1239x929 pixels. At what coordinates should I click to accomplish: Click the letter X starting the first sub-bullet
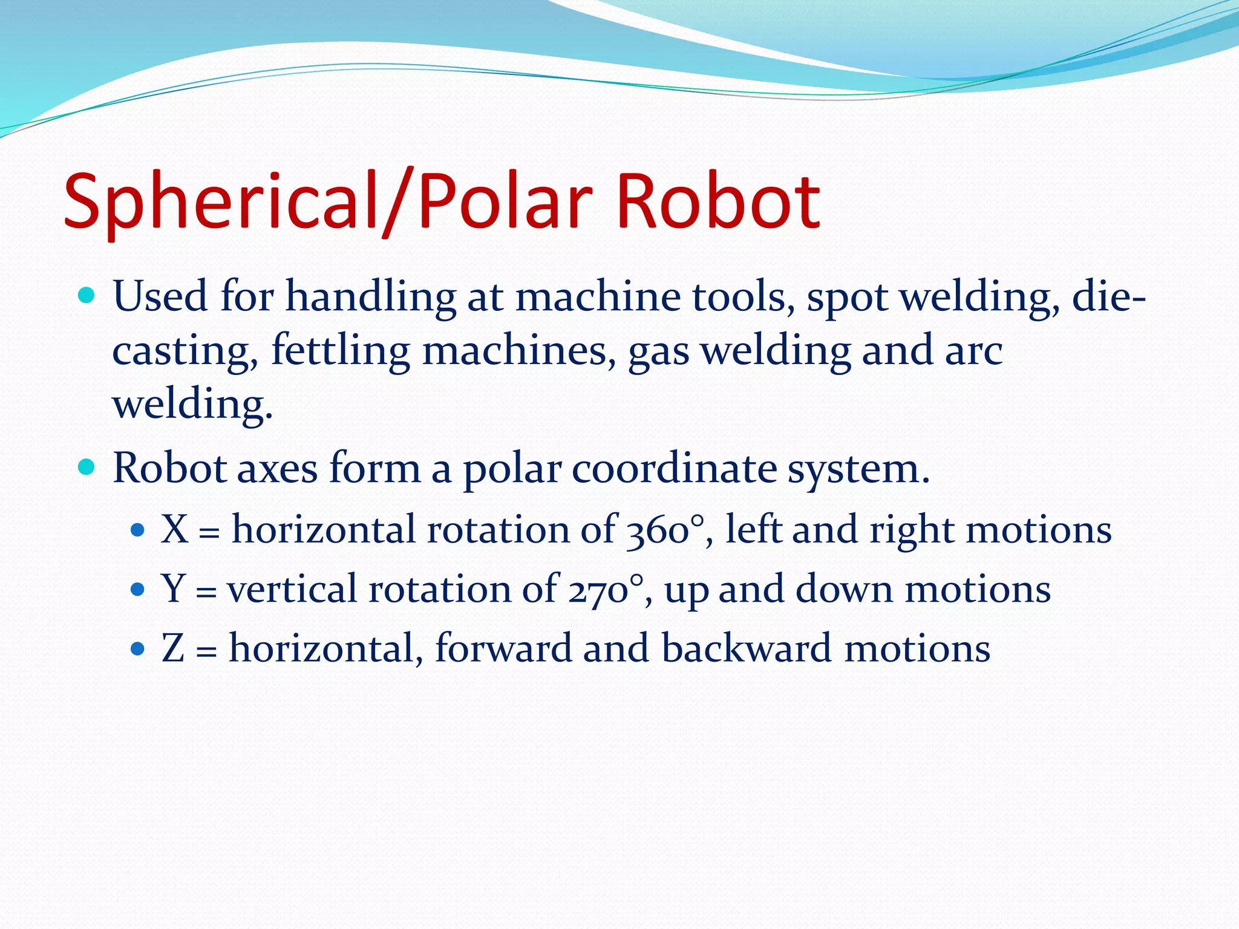pyautogui.click(x=174, y=529)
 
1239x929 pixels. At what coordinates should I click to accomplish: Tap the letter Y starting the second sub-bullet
pyautogui.click(x=173, y=588)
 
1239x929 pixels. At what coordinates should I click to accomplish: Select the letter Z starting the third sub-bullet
pyautogui.click(x=173, y=648)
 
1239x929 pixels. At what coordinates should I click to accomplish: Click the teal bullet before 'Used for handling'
pyautogui.click(x=87, y=296)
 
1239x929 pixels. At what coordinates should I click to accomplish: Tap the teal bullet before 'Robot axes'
pyautogui.click(x=87, y=467)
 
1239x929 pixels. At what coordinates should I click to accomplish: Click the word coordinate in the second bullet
pyautogui.click(x=674, y=469)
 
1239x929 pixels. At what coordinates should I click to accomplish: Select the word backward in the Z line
pyautogui.click(x=747, y=648)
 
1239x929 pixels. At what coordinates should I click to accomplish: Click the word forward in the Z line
pyautogui.click(x=503, y=648)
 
